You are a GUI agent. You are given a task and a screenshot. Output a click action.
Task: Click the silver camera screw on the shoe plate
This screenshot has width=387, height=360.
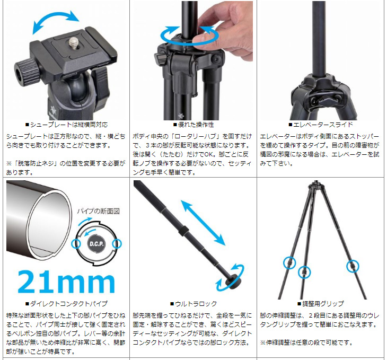73,42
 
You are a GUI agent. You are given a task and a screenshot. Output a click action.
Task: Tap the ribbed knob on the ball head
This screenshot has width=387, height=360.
27,72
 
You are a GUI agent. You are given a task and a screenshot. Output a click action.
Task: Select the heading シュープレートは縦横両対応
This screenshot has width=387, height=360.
66,125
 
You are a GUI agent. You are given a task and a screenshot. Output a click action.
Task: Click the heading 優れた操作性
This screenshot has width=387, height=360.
193,125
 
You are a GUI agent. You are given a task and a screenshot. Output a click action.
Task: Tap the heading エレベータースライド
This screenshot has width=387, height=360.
321,125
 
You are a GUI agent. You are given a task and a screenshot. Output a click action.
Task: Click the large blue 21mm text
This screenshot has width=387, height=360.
66,282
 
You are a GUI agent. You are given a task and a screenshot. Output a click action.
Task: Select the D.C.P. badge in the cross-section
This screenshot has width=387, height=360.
96,244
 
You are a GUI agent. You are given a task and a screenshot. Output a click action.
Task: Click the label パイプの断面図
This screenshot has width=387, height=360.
98,211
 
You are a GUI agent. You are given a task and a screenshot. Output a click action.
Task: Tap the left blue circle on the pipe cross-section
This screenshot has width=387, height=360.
76,244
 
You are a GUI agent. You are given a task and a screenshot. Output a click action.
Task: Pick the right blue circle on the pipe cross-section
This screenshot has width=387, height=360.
117,244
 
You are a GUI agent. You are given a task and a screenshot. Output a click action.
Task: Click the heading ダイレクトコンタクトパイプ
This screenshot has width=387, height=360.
66,304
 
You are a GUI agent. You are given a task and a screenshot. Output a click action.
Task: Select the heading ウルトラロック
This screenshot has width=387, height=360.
193,304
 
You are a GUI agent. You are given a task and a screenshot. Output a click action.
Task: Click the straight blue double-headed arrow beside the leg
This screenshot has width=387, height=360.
203,223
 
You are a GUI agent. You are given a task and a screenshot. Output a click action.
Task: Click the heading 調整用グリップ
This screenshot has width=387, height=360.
321,304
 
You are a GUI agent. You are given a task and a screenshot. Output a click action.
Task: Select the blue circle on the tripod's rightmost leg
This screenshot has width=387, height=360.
353,266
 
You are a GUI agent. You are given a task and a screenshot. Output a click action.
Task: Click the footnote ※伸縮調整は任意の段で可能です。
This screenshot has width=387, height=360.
306,343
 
